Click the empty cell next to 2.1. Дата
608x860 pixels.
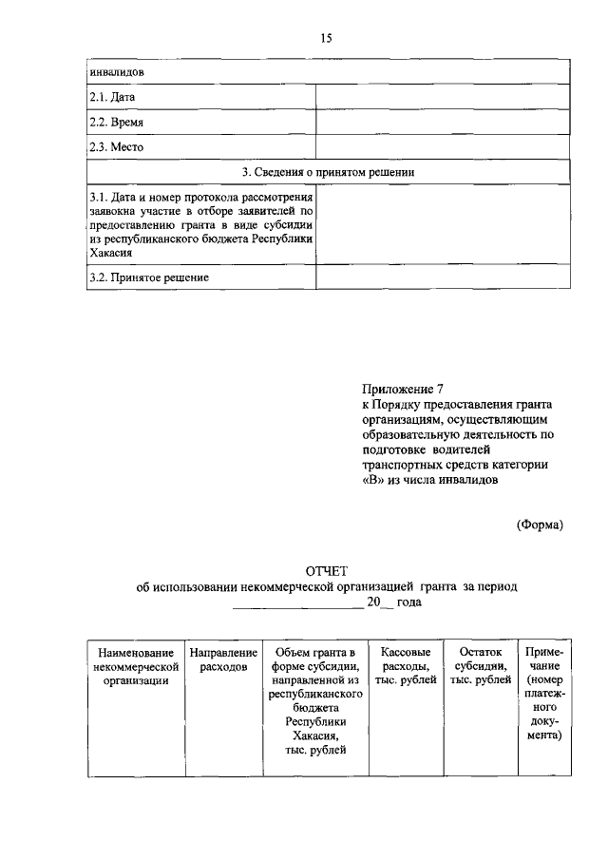[442, 97]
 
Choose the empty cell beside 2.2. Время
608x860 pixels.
[442, 123]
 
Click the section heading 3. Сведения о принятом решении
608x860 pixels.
[328, 172]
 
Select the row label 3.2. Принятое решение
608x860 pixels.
[148, 277]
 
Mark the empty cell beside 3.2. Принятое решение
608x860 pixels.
[442, 277]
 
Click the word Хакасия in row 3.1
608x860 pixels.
[110, 254]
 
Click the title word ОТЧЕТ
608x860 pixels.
[327, 571]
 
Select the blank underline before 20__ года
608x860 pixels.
[296, 603]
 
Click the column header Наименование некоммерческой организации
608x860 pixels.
[132, 666]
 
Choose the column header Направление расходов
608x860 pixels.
[223, 659]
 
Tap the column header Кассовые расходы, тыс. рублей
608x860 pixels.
[406, 666]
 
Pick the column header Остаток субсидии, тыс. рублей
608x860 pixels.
[480, 666]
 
